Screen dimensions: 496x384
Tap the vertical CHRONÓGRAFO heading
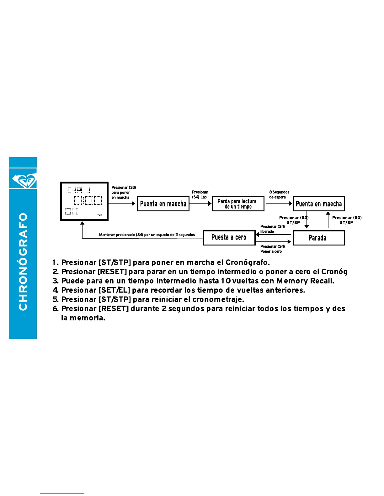23,262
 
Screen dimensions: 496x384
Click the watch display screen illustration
84,201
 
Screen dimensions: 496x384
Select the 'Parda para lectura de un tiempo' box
238,204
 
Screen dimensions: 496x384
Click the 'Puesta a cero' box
229,238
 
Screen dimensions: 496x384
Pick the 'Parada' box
318,238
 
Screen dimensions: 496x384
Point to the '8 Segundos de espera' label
279,194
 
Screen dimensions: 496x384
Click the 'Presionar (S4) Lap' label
200,194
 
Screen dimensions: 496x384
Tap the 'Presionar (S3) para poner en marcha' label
124,192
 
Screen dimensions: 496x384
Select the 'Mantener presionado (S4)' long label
147,235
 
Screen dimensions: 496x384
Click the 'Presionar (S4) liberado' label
272,229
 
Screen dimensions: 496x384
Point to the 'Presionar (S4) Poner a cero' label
272,249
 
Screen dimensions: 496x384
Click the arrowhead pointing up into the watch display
82,224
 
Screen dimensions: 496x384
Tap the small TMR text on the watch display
100,215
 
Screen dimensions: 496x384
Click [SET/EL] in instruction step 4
114,290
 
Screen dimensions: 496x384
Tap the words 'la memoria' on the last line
83,318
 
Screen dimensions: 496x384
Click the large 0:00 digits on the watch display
88,200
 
